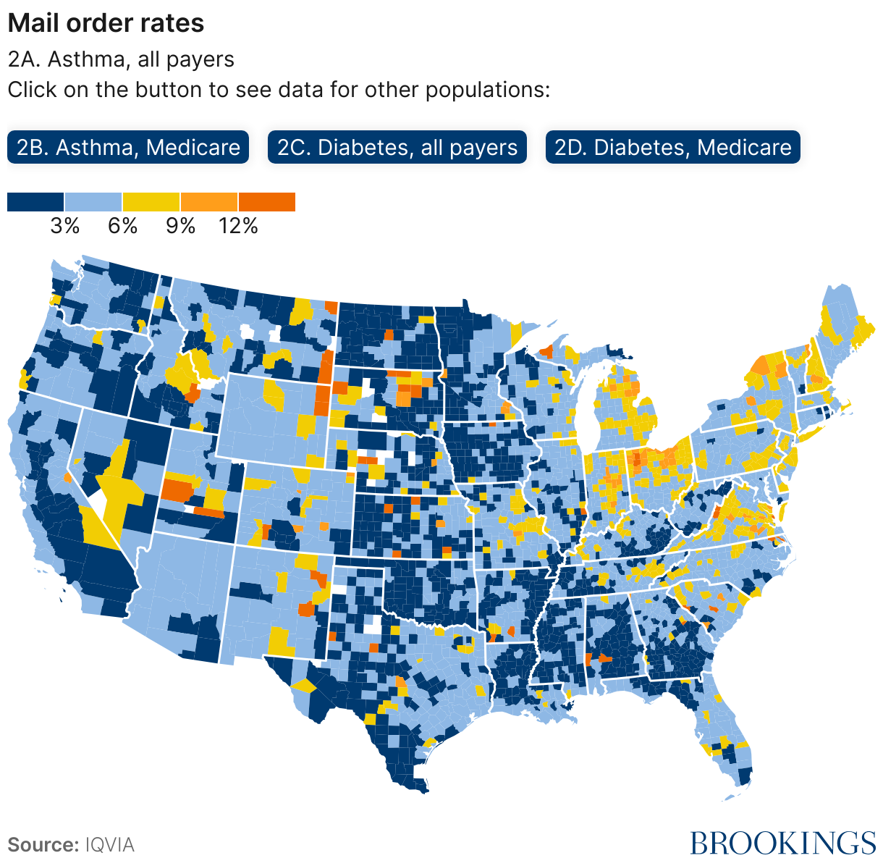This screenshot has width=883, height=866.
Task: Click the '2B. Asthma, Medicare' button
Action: pyautogui.click(x=128, y=148)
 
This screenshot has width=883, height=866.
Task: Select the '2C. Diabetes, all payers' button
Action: pyautogui.click(x=397, y=148)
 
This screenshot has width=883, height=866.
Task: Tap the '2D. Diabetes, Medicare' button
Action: pyautogui.click(x=672, y=148)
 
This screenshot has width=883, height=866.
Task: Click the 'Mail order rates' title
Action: pyautogui.click(x=106, y=23)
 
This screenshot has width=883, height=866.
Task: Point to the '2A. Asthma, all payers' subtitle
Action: pyautogui.click(x=121, y=59)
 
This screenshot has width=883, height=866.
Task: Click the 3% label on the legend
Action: pyautogui.click(x=64, y=226)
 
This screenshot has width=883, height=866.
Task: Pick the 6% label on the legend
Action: pyautogui.click(x=122, y=226)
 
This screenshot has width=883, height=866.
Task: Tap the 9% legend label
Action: pyautogui.click(x=180, y=226)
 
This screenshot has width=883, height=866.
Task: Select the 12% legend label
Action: pyautogui.click(x=238, y=226)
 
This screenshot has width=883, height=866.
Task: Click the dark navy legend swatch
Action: pyautogui.click(x=35, y=202)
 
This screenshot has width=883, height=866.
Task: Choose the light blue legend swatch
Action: pyautogui.click(x=93, y=202)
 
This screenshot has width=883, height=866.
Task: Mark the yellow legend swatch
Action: pyautogui.click(x=151, y=202)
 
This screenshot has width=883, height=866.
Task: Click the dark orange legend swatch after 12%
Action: pyautogui.click(x=267, y=202)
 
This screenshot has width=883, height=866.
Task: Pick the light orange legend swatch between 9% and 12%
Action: pyautogui.click(x=209, y=202)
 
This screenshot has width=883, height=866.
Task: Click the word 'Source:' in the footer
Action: pyautogui.click(x=43, y=845)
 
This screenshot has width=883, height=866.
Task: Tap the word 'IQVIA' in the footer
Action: pyautogui.click(x=109, y=845)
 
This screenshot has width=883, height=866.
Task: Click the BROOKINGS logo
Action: pyautogui.click(x=782, y=844)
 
